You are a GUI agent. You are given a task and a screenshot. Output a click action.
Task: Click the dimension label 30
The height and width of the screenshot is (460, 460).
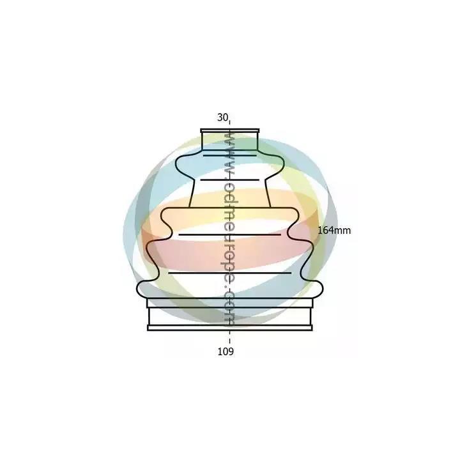click(222, 118)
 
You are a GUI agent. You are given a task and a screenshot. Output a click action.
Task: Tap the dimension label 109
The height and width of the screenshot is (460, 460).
click(226, 351)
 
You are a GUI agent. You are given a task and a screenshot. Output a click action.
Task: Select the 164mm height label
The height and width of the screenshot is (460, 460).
click(334, 230)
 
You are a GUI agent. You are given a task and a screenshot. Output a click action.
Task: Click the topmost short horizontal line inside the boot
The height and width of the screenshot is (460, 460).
click(230, 155)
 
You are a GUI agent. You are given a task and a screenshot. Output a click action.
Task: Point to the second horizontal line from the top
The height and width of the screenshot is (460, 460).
click(230, 180)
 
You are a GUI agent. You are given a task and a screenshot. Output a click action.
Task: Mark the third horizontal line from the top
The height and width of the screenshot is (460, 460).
click(230, 234)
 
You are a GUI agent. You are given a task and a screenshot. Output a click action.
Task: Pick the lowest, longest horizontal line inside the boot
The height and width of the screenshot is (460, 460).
click(230, 273)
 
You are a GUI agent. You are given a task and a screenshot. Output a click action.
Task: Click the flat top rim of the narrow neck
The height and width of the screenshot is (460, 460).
click(230, 130)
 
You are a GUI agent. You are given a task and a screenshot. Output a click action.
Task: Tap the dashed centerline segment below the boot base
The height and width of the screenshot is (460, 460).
click(230, 337)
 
